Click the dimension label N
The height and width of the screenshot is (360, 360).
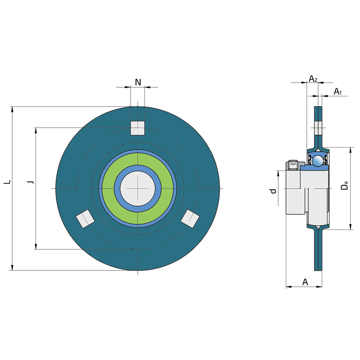click(x=138, y=82)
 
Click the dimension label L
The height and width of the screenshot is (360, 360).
click(x=6, y=182)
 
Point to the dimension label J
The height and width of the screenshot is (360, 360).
click(x=30, y=182)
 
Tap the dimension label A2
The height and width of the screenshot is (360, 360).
click(x=313, y=79)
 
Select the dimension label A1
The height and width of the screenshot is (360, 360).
click(x=338, y=92)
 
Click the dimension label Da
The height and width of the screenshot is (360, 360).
click(x=344, y=185)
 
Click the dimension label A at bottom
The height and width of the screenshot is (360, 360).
click(x=305, y=282)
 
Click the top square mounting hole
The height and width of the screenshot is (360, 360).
click(x=138, y=128)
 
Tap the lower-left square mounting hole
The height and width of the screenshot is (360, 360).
click(x=85, y=219)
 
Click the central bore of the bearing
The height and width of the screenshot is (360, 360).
click(x=138, y=188)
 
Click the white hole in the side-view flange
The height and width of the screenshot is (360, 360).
click(x=318, y=128)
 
